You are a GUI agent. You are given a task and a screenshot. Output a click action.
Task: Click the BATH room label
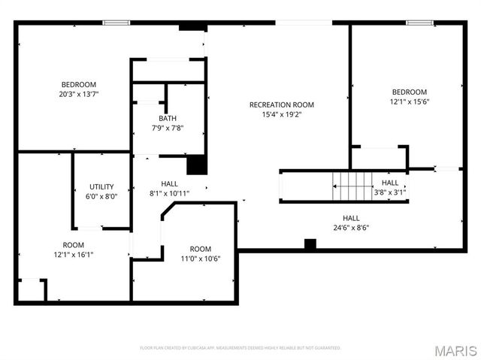[x=168, y=118]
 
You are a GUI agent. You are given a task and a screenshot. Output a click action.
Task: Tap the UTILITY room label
[x=101, y=186]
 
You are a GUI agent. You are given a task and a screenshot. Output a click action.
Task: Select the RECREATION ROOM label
[x=282, y=104]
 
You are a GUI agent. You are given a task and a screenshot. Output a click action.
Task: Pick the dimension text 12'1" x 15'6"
[x=409, y=101]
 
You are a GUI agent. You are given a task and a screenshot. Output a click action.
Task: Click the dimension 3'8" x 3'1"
[x=390, y=192]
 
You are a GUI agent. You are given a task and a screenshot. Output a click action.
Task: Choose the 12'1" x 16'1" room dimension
[x=73, y=254]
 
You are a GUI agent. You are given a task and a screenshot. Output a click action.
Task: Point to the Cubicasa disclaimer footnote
[x=240, y=348]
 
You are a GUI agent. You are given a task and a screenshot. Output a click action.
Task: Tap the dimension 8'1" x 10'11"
[x=169, y=193]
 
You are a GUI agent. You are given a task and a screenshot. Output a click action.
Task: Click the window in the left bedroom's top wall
[x=116, y=23]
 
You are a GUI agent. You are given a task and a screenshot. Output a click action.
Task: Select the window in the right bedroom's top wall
[x=417, y=23]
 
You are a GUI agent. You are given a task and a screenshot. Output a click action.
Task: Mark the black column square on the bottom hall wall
[x=310, y=244]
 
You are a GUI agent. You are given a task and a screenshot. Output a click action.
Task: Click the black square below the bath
[x=196, y=164]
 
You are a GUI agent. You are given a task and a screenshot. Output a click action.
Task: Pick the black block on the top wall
[x=192, y=26]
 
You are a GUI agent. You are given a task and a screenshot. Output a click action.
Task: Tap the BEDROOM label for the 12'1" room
[x=409, y=92]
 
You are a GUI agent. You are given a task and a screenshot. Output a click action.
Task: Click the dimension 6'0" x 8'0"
[x=101, y=196]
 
